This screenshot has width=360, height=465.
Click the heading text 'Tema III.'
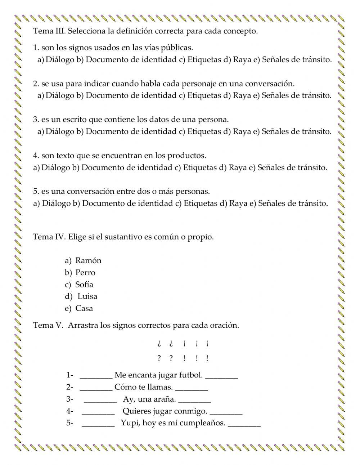click(x=49, y=31)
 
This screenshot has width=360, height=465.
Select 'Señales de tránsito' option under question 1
click(x=297, y=60)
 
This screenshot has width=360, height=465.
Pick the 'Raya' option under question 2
click(x=242, y=95)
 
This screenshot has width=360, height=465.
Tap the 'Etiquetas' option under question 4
click(x=200, y=167)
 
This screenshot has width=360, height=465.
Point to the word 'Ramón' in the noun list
click(x=88, y=260)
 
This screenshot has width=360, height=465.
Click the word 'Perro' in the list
click(x=85, y=273)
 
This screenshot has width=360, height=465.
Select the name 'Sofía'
click(x=84, y=285)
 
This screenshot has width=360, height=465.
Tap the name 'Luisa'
click(x=87, y=296)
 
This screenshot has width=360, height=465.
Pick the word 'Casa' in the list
click(x=84, y=308)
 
